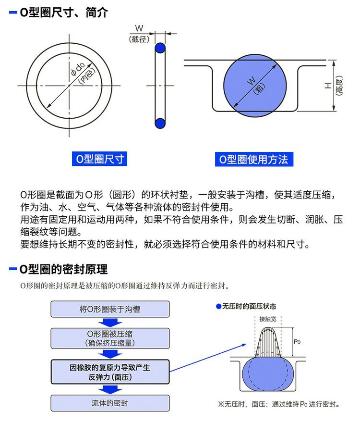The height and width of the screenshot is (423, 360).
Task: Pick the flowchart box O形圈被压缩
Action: pos(110,338)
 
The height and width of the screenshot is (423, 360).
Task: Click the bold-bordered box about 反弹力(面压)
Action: pos(110,372)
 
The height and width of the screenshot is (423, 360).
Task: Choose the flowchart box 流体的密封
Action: pos(110,403)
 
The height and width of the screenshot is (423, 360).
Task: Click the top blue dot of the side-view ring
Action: pos(160,49)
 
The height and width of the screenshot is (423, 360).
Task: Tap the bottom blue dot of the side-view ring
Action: pos(160,123)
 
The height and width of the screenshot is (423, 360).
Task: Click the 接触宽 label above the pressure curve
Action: pos(268,319)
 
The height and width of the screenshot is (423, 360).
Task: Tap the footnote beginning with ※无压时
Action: pos(278,404)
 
